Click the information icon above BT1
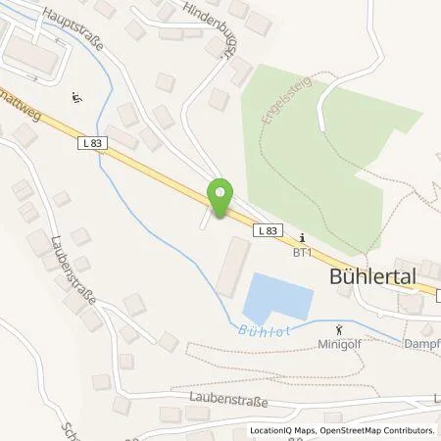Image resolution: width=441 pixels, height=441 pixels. [x=303, y=236]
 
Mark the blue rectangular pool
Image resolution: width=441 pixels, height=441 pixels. [x=281, y=297]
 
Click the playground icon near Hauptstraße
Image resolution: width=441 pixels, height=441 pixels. [x=76, y=97]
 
